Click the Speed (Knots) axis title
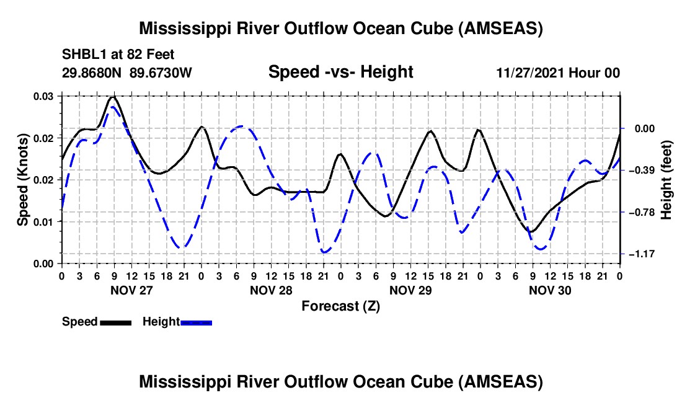[x=22, y=180]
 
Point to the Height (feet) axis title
[x=666, y=180]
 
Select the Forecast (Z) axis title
[x=340, y=306]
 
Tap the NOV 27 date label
[x=131, y=290]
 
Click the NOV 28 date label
[x=271, y=290]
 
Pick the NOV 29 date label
[x=410, y=290]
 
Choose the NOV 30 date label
[x=550, y=290]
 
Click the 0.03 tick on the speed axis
[x=43, y=96]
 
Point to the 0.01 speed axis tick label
[x=43, y=222]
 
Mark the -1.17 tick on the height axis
[x=642, y=254]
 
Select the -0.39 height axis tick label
[x=642, y=170]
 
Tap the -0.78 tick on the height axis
[x=642, y=212]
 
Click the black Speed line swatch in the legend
[x=116, y=322]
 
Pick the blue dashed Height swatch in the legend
[x=196, y=322]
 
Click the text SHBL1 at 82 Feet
[x=118, y=55]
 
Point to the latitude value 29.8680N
[x=92, y=73]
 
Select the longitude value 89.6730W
[x=161, y=73]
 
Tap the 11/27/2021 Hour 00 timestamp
[x=558, y=73]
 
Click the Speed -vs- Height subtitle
[x=340, y=72]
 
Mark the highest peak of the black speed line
[x=113, y=97]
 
